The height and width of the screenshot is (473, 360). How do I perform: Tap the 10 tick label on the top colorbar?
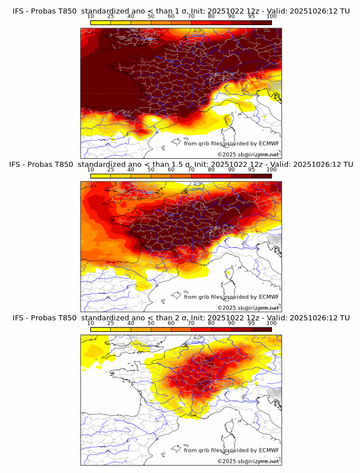click(90, 17)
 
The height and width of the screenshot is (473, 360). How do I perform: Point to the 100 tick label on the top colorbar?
click(271, 17)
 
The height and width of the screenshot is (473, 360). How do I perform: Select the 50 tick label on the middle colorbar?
click(151, 170)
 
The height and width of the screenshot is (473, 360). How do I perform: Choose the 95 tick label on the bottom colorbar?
click(251, 323)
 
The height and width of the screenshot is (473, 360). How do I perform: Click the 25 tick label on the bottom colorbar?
click(111, 323)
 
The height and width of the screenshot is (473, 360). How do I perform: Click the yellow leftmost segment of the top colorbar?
click(101, 22)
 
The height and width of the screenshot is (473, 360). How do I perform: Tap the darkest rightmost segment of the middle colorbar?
click(262, 176)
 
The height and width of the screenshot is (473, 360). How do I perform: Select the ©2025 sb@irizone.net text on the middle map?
click(248, 308)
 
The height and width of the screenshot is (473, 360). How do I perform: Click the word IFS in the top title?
click(18, 11)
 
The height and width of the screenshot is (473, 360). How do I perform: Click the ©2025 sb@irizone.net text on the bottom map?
click(248, 461)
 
